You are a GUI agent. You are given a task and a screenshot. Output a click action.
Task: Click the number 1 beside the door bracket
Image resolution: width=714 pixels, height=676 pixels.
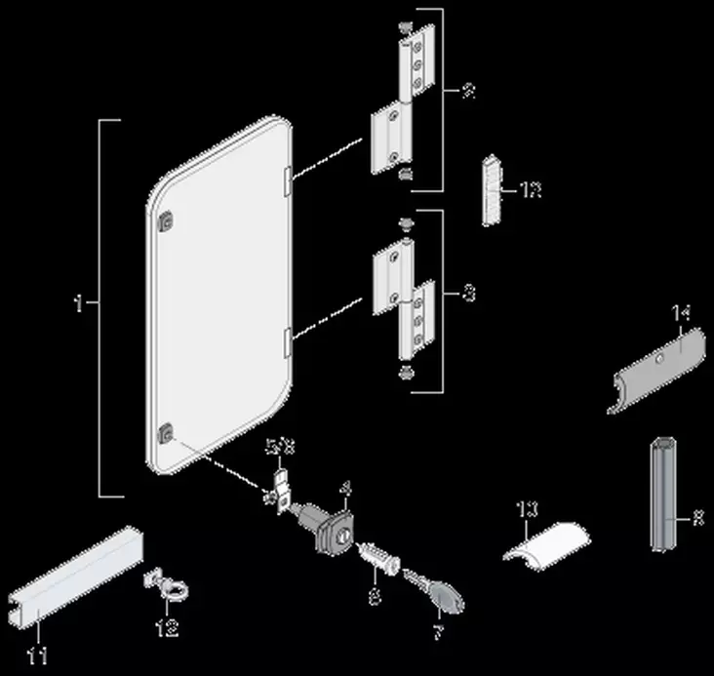(79, 304)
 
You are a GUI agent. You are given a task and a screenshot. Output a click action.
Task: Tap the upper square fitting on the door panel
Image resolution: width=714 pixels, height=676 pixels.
(167, 221)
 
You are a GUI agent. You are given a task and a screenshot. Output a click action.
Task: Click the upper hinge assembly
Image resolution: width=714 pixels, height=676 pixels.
(401, 107)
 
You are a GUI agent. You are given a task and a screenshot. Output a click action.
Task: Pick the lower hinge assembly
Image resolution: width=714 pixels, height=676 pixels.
(401, 298)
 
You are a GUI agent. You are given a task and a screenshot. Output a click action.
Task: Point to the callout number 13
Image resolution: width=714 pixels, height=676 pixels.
(527, 507)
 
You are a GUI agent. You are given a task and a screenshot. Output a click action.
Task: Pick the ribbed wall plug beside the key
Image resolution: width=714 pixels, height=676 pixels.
(379, 559)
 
